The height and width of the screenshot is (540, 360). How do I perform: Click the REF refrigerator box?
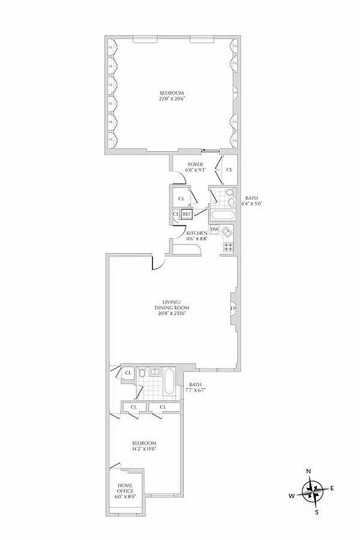pyautogui.click(x=186, y=215)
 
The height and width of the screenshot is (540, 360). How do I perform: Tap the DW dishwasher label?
pyautogui.click(x=214, y=230)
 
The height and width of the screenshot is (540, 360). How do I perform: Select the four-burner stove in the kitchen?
pyautogui.click(x=228, y=247)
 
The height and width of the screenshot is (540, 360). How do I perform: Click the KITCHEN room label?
pyautogui.click(x=197, y=233)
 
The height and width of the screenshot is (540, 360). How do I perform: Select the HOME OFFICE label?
pyautogui.click(x=125, y=489)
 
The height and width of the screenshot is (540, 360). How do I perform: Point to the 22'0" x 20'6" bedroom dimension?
pyautogui.click(x=172, y=99)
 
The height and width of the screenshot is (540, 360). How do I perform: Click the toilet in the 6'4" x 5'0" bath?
pyautogui.click(x=230, y=200)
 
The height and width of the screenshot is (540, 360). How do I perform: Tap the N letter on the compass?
pyautogui.click(x=309, y=470)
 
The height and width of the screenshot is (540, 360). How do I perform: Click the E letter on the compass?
pyautogui.click(x=332, y=488)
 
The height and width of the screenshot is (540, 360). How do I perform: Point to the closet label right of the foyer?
pyautogui.click(x=230, y=169)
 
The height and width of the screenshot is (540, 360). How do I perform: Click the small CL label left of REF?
pyautogui.click(x=176, y=215)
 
